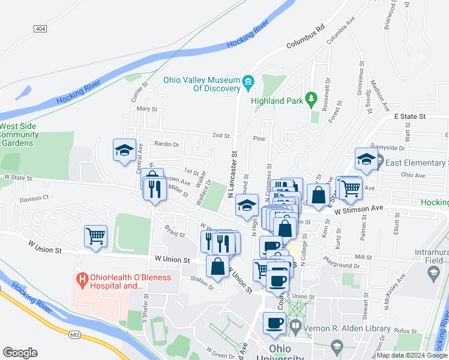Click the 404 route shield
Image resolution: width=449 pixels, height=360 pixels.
[40, 29]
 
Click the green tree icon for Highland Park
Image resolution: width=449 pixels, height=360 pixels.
[311, 98]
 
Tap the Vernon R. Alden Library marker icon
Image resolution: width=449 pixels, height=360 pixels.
[295, 326]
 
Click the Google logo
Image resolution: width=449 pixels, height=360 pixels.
[20, 353]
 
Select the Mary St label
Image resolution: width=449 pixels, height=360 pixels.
[146, 109]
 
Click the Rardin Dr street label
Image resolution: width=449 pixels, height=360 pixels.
[167, 144]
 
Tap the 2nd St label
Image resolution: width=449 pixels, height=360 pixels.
[220, 136]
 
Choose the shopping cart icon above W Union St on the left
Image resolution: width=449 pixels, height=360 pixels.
[96, 236]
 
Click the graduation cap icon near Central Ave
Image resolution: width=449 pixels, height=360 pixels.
[124, 149]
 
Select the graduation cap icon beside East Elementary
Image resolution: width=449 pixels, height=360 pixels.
[366, 158]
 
